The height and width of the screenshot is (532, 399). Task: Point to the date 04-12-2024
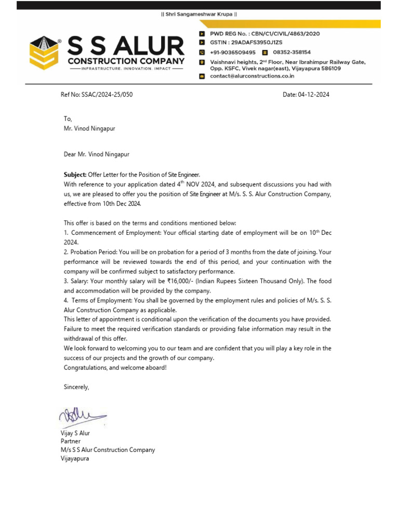[314, 95]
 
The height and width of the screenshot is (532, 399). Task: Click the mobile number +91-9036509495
[233, 52]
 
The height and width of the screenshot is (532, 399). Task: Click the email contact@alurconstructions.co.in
[252, 76]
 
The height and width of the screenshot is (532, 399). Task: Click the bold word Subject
[75, 175]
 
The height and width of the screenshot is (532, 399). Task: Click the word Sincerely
[76, 387]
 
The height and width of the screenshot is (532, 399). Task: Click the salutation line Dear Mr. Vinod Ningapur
[97, 154]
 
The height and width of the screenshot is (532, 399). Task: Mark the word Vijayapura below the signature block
[75, 459]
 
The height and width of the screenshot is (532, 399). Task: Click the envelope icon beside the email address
[203, 76]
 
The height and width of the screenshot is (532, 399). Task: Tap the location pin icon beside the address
[203, 62]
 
